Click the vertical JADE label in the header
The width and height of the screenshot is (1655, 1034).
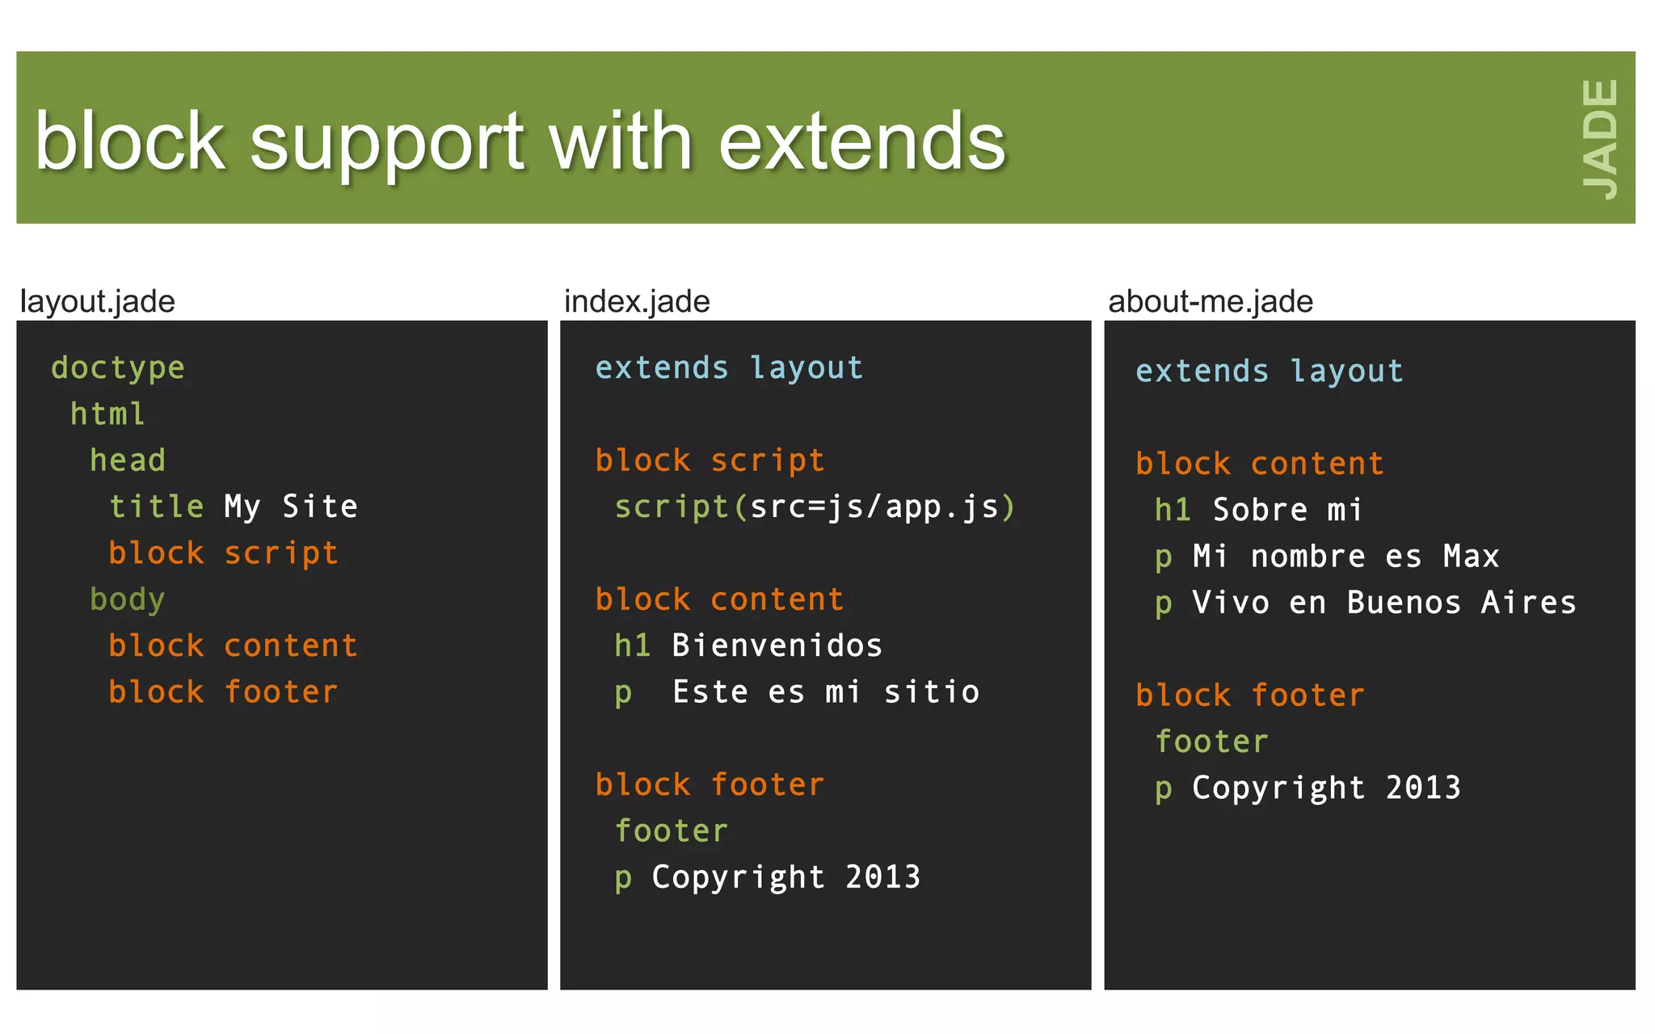click(1600, 139)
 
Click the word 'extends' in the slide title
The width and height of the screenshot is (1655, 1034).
click(861, 142)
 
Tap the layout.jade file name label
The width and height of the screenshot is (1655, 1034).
click(98, 301)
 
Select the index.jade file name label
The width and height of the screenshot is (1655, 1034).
click(637, 301)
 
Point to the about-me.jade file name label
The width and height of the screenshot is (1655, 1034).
click(1210, 301)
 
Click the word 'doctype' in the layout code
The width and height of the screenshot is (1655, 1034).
click(118, 368)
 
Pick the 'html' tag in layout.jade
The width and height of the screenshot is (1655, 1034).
click(107, 414)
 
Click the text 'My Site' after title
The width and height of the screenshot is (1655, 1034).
click(291, 506)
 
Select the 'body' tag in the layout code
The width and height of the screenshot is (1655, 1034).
click(128, 599)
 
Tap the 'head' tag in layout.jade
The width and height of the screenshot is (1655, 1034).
click(128, 460)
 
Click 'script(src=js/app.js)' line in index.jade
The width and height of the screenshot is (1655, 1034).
click(815, 507)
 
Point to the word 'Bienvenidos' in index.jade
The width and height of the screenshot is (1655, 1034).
click(777, 645)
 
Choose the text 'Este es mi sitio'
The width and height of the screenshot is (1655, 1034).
click(826, 692)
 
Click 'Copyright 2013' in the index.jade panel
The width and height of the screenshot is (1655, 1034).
click(786, 877)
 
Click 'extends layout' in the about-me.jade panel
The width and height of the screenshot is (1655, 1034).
click(1270, 372)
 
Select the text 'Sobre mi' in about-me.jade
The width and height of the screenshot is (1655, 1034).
click(1287, 511)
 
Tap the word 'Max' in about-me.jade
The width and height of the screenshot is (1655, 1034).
click(1471, 557)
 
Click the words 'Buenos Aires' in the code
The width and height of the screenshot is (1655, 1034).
click(1461, 603)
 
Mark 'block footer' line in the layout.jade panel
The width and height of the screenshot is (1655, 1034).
click(223, 692)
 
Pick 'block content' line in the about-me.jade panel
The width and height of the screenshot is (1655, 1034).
click(1260, 464)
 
